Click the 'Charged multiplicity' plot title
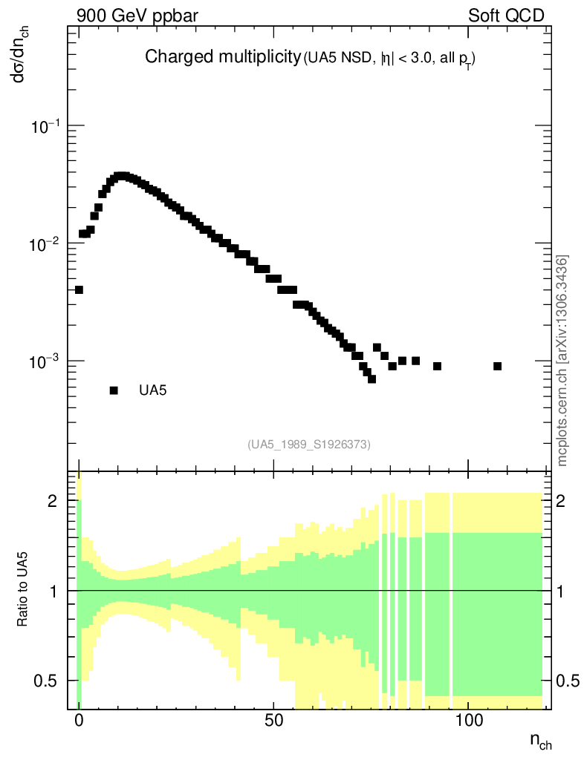pyautogui.click(x=221, y=57)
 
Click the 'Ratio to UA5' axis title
pyautogui.click(x=23, y=590)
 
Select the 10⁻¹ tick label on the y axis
pyautogui.click(x=45, y=127)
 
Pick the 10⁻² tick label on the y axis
pyautogui.click(x=45, y=244)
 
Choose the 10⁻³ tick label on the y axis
pyautogui.click(x=45, y=361)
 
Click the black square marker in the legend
pyautogui.click(x=114, y=390)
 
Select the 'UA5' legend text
pyautogui.click(x=152, y=390)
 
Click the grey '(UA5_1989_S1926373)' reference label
pyautogui.click(x=309, y=445)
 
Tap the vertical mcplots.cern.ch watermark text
pyautogui.click(x=562, y=361)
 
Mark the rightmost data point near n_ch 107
pyautogui.click(x=497, y=366)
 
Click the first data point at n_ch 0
pyautogui.click(x=79, y=289)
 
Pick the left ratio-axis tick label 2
pyautogui.click(x=52, y=501)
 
